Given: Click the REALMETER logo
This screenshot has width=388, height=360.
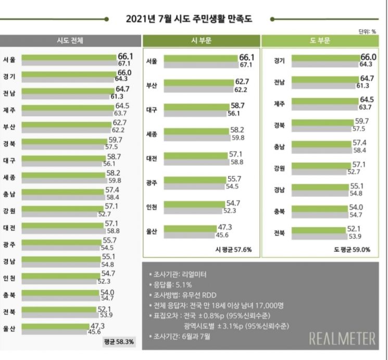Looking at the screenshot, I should click(342, 339).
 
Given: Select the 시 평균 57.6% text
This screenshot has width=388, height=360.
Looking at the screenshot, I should click(234, 249).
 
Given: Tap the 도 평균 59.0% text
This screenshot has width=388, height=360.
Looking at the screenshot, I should click(352, 249).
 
